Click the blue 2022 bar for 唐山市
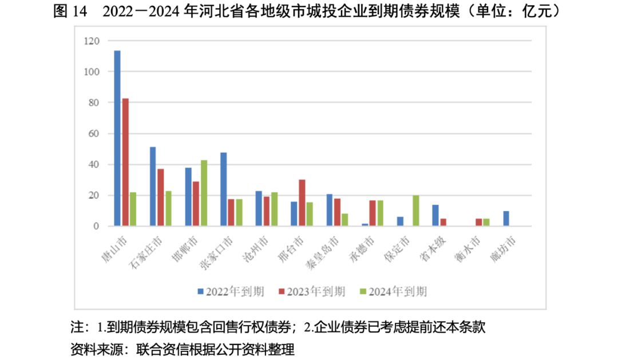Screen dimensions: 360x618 (x=117, y=139)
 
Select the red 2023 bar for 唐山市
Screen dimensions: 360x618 (x=125, y=163)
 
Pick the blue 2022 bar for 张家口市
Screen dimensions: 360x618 (x=223, y=189)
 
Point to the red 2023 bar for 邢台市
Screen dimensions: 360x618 (x=302, y=203)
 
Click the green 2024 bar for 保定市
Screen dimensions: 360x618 (x=416, y=211)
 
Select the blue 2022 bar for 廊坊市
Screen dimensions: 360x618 (x=506, y=219)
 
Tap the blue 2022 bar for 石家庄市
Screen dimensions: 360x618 (x=153, y=187)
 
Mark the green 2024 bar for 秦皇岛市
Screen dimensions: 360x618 (x=345, y=220)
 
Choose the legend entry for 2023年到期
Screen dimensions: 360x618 (x=312, y=291)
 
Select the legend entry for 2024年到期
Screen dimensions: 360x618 (x=393, y=291)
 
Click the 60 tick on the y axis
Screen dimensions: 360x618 (x=94, y=134)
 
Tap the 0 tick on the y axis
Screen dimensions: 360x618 (x=96, y=227)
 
